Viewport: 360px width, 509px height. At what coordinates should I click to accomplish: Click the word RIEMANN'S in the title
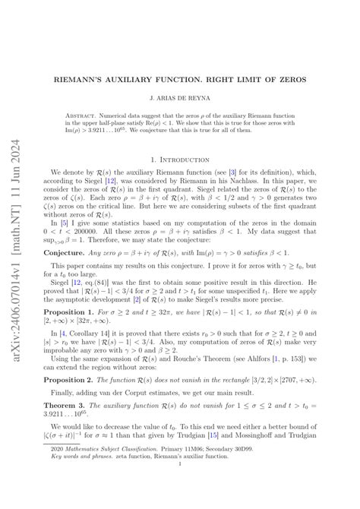point(96,78)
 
